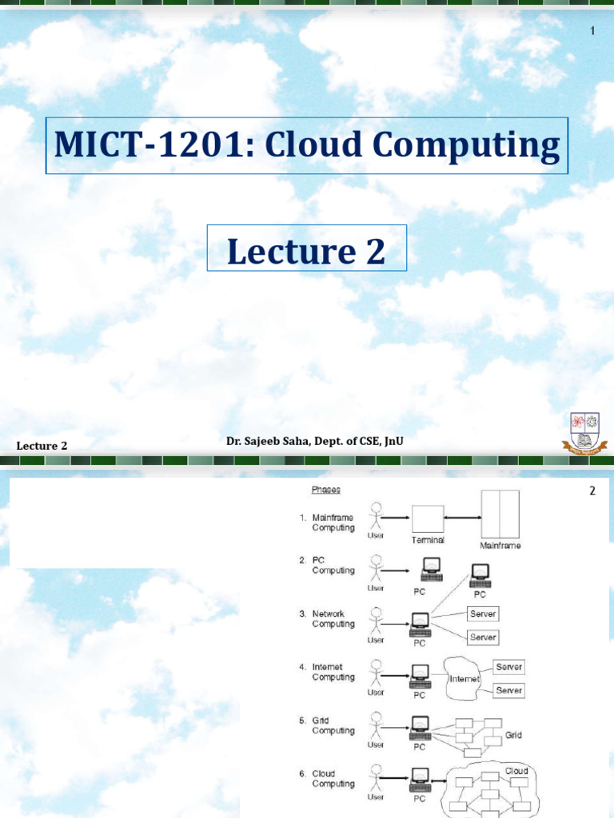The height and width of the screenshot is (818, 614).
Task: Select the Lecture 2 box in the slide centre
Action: [x=307, y=252]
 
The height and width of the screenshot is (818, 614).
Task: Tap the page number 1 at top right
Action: [x=592, y=30]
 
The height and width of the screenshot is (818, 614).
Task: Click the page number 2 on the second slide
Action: [x=592, y=490]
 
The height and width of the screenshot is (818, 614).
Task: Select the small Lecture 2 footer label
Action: [x=42, y=446]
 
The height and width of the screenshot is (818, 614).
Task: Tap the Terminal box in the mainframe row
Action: [x=428, y=520]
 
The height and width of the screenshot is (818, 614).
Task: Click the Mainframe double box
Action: [x=500, y=515]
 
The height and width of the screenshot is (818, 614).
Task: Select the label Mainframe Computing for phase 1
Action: [x=333, y=522]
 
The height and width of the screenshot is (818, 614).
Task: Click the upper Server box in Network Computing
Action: [x=482, y=614]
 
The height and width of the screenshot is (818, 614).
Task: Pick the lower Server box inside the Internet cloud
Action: [x=508, y=690]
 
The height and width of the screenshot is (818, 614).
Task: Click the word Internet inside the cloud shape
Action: [x=464, y=679]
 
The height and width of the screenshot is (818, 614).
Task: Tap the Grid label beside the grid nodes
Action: [x=513, y=735]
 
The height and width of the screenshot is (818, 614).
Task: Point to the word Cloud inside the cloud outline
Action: [x=516, y=772]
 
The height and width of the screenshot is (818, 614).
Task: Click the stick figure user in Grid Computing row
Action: [x=376, y=728]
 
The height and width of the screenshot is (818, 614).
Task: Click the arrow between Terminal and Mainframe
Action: [x=461, y=520]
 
